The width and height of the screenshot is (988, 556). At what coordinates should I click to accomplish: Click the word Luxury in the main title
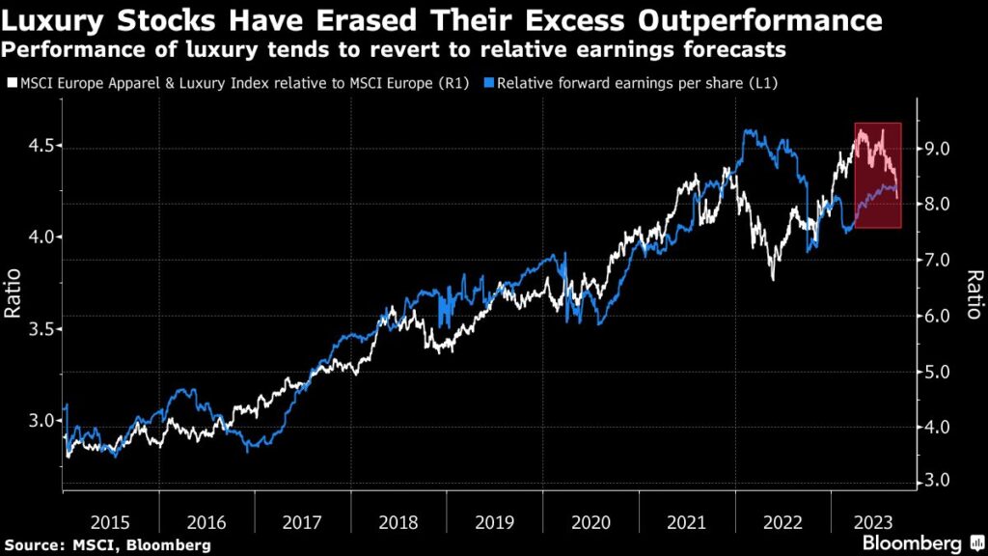pos(60,20)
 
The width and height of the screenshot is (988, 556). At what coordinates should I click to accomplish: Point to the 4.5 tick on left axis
pos(31,146)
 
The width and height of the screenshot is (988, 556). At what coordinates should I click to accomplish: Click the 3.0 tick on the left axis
pos(31,421)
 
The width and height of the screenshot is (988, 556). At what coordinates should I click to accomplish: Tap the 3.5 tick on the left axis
pos(31,329)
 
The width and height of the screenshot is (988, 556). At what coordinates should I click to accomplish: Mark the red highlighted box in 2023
pos(877,176)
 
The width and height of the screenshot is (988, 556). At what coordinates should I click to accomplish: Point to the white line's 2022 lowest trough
pos(772,279)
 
